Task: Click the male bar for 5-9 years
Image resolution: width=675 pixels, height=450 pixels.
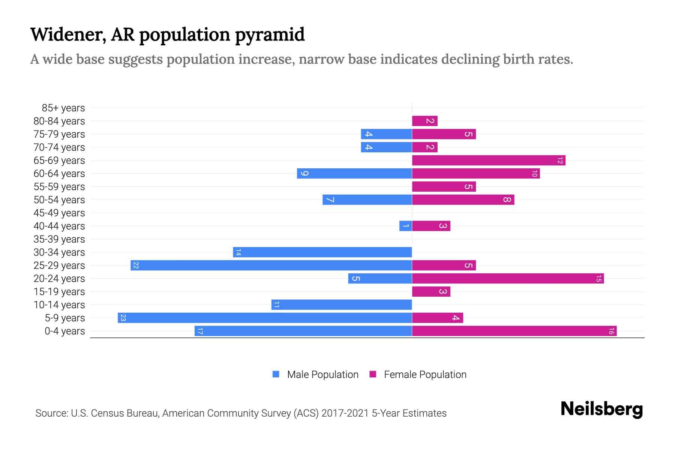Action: [x=265, y=318]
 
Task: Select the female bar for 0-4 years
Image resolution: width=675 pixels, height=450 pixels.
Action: [x=514, y=331]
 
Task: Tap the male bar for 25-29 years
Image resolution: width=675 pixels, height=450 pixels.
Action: [x=271, y=265]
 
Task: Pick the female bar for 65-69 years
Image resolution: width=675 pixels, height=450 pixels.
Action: [x=489, y=160]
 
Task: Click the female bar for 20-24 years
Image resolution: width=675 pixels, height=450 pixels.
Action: [x=508, y=279]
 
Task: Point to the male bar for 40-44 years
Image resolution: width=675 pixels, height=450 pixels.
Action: [x=406, y=226]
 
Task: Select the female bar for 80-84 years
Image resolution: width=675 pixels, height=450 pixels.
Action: [x=425, y=121]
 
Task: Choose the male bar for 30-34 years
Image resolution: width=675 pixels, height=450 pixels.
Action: [x=322, y=252]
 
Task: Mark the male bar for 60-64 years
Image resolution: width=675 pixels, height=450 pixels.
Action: [x=354, y=174]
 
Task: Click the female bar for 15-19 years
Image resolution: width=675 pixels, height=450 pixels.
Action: [x=431, y=292]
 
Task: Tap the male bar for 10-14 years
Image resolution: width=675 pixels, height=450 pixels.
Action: [x=342, y=305]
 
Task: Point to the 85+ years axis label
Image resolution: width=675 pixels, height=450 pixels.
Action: [x=63, y=108]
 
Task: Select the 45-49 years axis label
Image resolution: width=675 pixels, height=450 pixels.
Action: [x=59, y=213]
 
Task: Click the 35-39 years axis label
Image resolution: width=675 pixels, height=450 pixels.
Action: [x=59, y=239]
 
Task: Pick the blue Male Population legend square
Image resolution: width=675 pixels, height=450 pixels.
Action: [x=276, y=374]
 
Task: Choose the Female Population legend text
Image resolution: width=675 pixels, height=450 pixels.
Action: [x=425, y=375]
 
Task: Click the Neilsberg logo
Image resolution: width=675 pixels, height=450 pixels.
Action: [x=601, y=409]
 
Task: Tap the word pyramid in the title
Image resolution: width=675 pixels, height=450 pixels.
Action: [x=270, y=34]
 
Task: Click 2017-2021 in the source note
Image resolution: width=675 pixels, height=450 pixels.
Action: [x=345, y=413]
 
